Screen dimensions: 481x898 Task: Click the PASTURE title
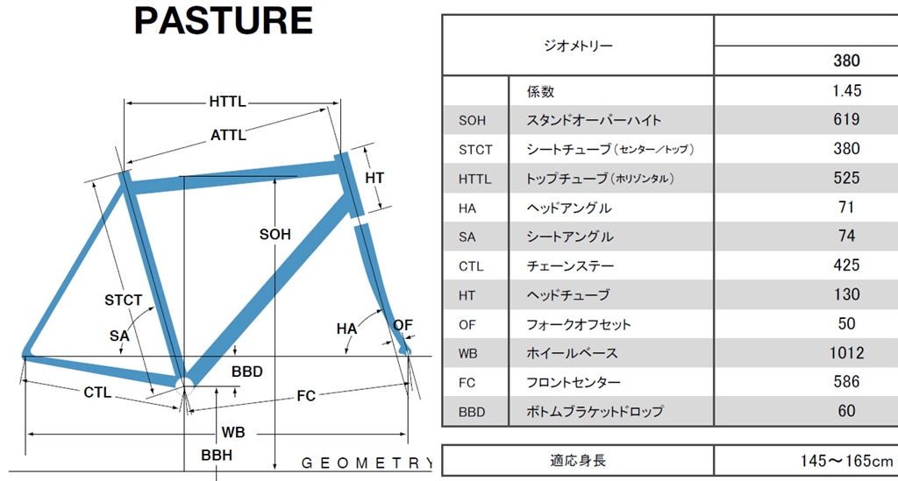coord(224,21)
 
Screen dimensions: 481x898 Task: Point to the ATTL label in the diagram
coord(228,135)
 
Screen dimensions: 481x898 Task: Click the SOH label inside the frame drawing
coord(275,235)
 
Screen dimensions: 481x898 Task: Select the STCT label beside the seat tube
coord(123,301)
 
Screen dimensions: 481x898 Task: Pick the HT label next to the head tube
coord(374,178)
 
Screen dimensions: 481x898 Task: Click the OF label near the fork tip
coord(403,325)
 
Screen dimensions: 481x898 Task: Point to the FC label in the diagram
coord(305,396)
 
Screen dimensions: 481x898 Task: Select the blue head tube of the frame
coord(347,185)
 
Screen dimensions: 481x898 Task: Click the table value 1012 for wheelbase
coord(845,353)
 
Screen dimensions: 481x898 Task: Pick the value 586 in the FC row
coord(845,382)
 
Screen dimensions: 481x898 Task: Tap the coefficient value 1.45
coord(845,90)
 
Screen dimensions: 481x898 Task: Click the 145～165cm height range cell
coord(845,461)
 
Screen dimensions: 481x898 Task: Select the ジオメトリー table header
coord(579,46)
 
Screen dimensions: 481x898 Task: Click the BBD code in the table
coord(472,411)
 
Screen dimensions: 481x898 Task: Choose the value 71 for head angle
coord(845,208)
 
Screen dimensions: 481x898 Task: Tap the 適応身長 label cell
coord(579,461)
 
